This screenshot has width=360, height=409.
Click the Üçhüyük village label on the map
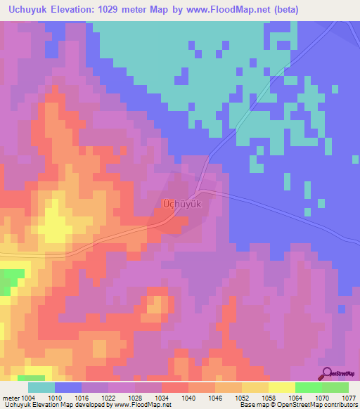[x=182, y=204]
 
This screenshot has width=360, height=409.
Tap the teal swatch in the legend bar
[x=41, y=387]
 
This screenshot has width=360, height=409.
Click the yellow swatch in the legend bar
[x=281, y=387]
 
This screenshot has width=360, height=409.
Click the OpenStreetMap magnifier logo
[x=327, y=373]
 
